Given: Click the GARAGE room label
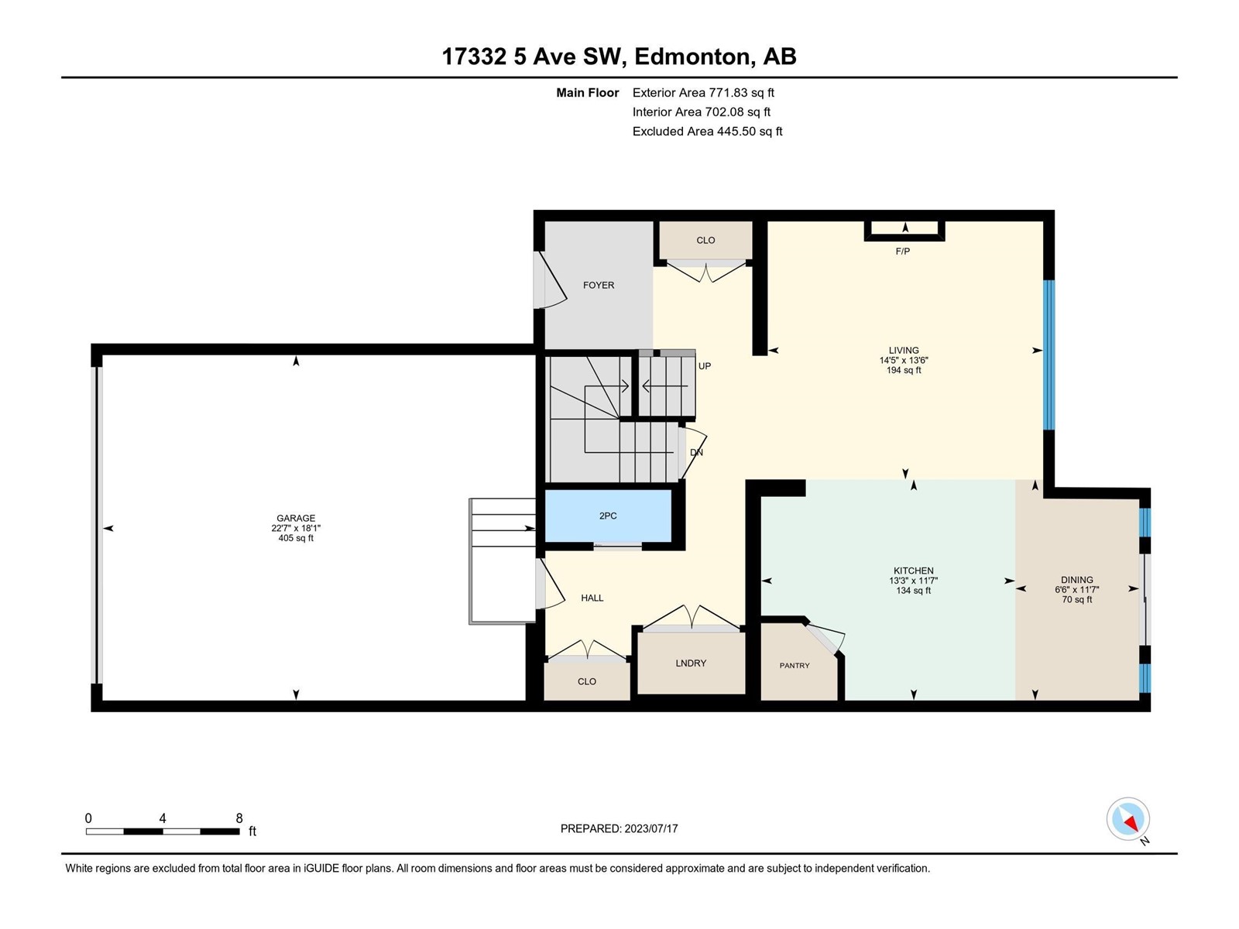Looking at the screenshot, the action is click(296, 518).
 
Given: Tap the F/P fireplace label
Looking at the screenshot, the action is click(903, 251).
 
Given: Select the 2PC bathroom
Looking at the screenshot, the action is click(608, 516).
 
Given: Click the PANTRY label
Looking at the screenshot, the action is click(795, 666).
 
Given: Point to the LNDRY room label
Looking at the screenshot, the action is click(691, 663).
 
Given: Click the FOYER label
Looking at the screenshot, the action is click(599, 286).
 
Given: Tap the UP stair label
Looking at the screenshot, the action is click(705, 366).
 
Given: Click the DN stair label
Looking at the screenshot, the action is click(696, 452).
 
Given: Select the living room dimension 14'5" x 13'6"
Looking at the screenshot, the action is click(904, 361).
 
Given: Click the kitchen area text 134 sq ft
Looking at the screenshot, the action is click(913, 591).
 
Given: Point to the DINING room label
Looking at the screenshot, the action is click(1077, 580).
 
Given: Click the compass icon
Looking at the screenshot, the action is click(1127, 819).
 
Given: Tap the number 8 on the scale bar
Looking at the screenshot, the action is click(239, 818).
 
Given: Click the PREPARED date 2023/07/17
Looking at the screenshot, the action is click(650, 828).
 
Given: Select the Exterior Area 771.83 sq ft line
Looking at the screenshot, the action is click(703, 92).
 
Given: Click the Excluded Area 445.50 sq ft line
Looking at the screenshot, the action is click(707, 132).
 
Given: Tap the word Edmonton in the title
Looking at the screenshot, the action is click(695, 57).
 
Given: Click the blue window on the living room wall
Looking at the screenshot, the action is click(1049, 355).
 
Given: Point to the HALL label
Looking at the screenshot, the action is click(592, 598).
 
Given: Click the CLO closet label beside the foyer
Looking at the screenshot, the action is click(705, 240).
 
